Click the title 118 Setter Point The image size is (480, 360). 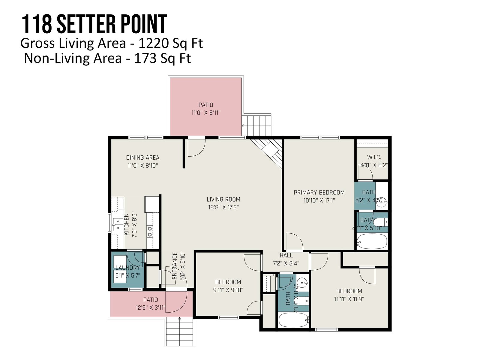tap(94, 24)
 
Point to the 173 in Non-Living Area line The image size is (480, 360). tap(145, 58)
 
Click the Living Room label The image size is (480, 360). tap(223, 199)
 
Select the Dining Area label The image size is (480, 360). tap(142, 157)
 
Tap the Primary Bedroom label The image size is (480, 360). tap(319, 193)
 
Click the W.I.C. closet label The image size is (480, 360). tap(374, 157)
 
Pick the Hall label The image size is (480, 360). tap(286, 255)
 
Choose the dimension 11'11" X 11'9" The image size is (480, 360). tap(349, 299)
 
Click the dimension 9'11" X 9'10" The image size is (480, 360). tap(228, 290)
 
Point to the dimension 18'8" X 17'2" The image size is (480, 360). tap(223, 207)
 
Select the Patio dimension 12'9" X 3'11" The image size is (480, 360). tap(151, 307)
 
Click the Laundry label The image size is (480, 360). tap(127, 268)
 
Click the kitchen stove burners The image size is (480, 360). tap(150, 232)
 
